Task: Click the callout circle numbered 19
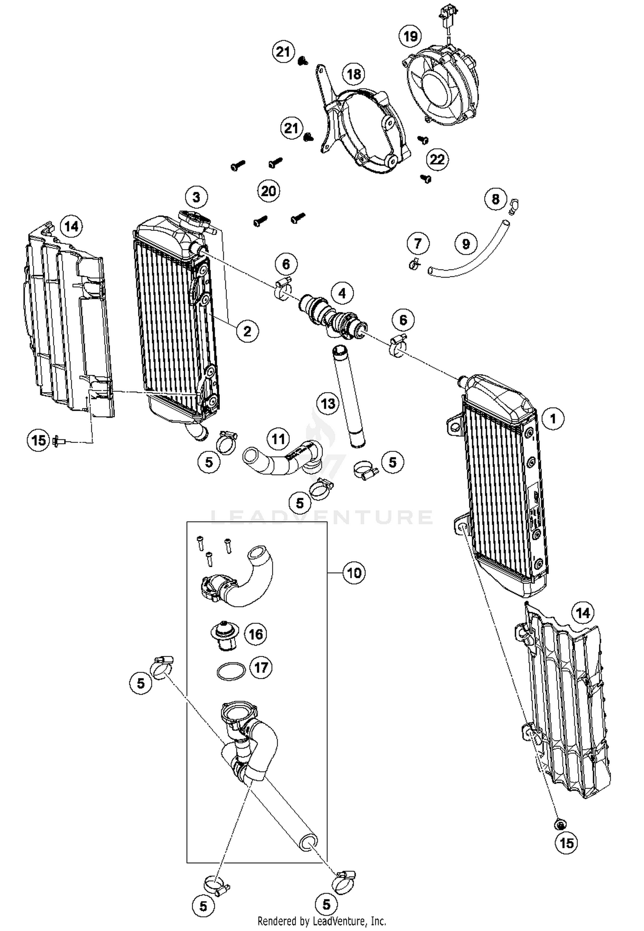tap(410, 36)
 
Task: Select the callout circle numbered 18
tap(353, 74)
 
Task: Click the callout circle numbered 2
tap(247, 331)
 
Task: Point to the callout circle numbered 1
tap(553, 418)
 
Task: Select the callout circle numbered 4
tap(342, 293)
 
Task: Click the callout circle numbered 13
tap(328, 403)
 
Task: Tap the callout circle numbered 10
tap(354, 573)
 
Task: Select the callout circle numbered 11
tap(278, 439)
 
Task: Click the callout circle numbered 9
tap(466, 244)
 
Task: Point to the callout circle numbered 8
tap(495, 199)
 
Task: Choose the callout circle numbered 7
tap(418, 244)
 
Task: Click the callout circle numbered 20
tap(269, 191)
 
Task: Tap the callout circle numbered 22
tap(437, 160)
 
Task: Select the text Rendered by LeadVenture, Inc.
tap(322, 921)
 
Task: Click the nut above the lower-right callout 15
tap(559, 824)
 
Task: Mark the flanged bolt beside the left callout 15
tap(58, 440)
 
